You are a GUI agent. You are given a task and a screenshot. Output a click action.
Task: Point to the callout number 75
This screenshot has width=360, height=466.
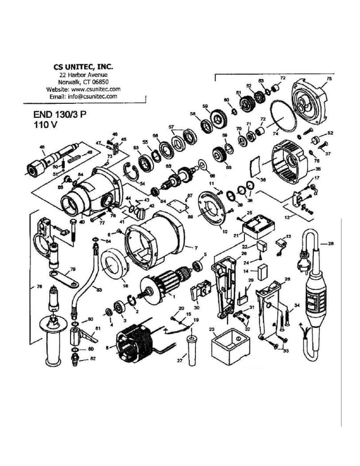tap(329, 80)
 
